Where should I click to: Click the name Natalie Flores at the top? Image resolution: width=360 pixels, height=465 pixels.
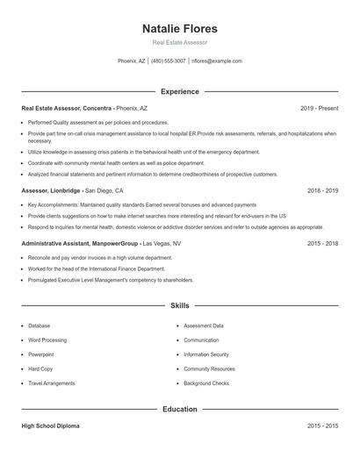[x=180, y=29]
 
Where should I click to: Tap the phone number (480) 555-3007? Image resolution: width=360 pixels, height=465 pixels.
[x=169, y=61]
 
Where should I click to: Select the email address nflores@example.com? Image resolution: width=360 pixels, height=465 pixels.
[x=217, y=61]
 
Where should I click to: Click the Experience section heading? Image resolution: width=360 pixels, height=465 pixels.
[x=180, y=91]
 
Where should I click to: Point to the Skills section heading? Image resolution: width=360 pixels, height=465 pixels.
[x=180, y=305]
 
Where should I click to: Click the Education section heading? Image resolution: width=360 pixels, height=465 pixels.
[x=180, y=409]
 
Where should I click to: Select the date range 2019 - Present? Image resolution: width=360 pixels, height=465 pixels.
[x=319, y=108]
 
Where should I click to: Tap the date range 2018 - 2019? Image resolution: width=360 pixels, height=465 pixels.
[x=322, y=190]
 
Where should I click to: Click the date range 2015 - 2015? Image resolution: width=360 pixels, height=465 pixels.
[x=322, y=426]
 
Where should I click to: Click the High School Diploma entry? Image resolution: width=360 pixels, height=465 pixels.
[x=51, y=426]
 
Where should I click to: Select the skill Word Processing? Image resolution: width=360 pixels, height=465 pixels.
[x=47, y=340]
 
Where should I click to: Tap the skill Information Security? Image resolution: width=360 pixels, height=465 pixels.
[x=206, y=354]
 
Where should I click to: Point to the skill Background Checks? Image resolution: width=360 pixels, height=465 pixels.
[x=206, y=383]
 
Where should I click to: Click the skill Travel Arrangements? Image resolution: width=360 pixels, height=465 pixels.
[x=52, y=383]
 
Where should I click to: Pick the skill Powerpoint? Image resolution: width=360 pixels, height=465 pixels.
[x=41, y=354]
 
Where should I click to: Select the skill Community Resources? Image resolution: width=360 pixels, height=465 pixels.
[x=209, y=369]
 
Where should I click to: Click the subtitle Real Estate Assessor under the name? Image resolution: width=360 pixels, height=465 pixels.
[x=180, y=43]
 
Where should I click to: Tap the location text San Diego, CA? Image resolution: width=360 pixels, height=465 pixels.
[x=104, y=190]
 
